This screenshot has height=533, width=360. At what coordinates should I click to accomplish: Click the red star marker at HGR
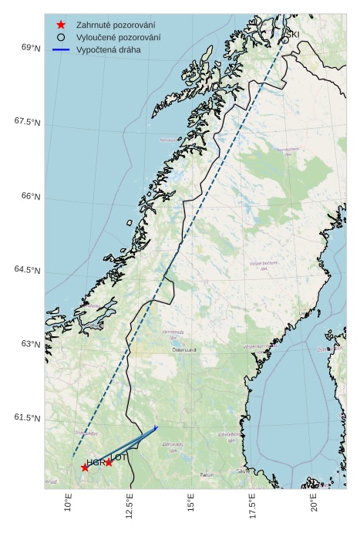point(85,467)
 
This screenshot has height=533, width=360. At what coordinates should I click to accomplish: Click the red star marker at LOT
point(109,462)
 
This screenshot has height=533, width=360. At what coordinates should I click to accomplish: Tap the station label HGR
point(95,462)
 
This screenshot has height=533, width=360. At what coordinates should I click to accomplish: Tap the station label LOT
point(119,457)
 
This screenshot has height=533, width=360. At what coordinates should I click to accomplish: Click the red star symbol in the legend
point(61,25)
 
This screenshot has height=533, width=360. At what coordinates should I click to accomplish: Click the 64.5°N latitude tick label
point(28,269)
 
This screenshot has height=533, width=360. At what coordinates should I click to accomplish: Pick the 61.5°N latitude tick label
point(28,417)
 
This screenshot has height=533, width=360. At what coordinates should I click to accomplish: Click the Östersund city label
point(184,349)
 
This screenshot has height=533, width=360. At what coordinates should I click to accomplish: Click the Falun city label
point(206,475)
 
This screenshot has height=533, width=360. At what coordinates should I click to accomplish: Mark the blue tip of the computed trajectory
point(156,427)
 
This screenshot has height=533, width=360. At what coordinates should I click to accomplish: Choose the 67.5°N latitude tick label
point(28,122)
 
